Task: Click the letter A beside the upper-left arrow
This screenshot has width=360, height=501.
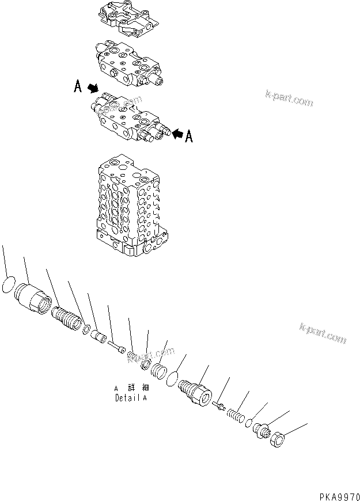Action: point(77,87)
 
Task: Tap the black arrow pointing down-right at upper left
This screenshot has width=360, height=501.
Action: point(92,89)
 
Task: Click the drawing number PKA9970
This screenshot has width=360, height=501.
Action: point(336,495)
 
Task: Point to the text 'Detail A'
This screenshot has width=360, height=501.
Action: point(131,397)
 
